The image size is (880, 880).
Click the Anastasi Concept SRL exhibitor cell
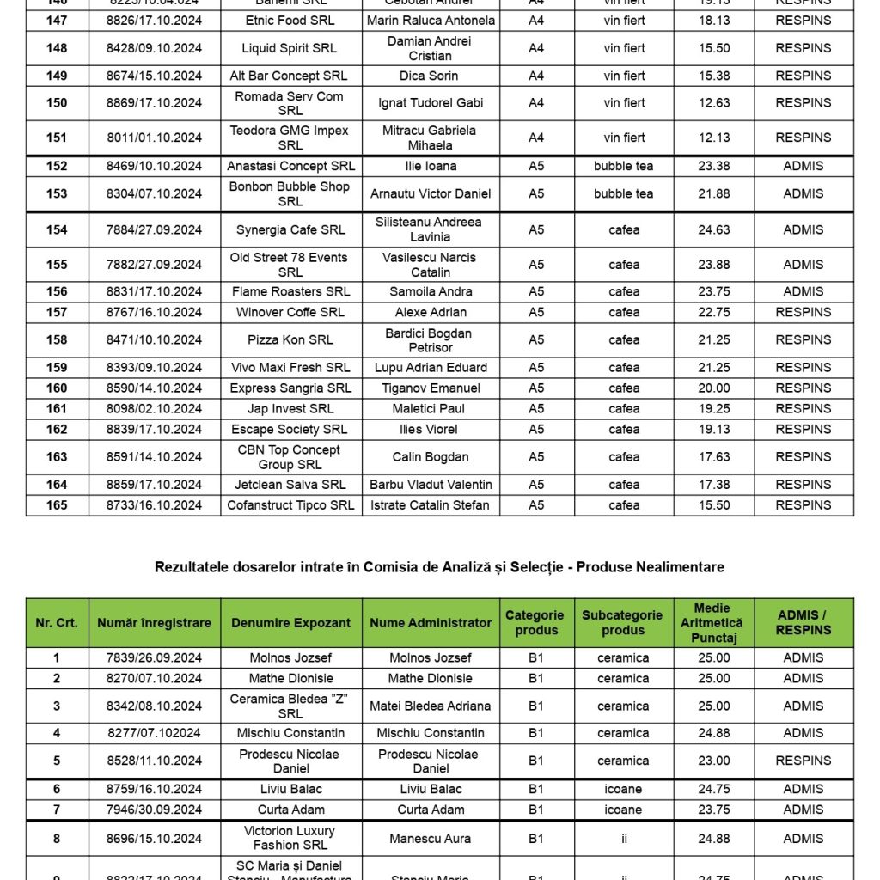(290, 166)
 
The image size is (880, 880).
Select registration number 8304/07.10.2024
(155, 193)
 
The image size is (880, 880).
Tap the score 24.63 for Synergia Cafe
(713, 229)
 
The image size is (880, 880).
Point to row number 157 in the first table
(57, 312)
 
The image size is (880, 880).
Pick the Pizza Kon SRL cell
(290, 339)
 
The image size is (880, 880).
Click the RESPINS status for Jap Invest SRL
(804, 408)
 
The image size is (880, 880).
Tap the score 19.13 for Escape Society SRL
(713, 429)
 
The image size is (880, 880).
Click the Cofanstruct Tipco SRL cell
(290, 504)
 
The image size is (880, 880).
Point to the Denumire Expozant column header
(290, 622)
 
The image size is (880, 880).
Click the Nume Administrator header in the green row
(431, 622)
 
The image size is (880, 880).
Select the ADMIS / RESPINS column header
(804, 622)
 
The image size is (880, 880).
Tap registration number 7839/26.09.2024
(155, 657)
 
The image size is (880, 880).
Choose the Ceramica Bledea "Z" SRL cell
(290, 706)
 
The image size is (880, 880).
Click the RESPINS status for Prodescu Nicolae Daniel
(804, 761)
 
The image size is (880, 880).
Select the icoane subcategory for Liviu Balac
(623, 789)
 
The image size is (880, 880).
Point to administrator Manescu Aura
(431, 838)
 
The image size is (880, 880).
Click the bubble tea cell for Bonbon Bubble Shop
(623, 193)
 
